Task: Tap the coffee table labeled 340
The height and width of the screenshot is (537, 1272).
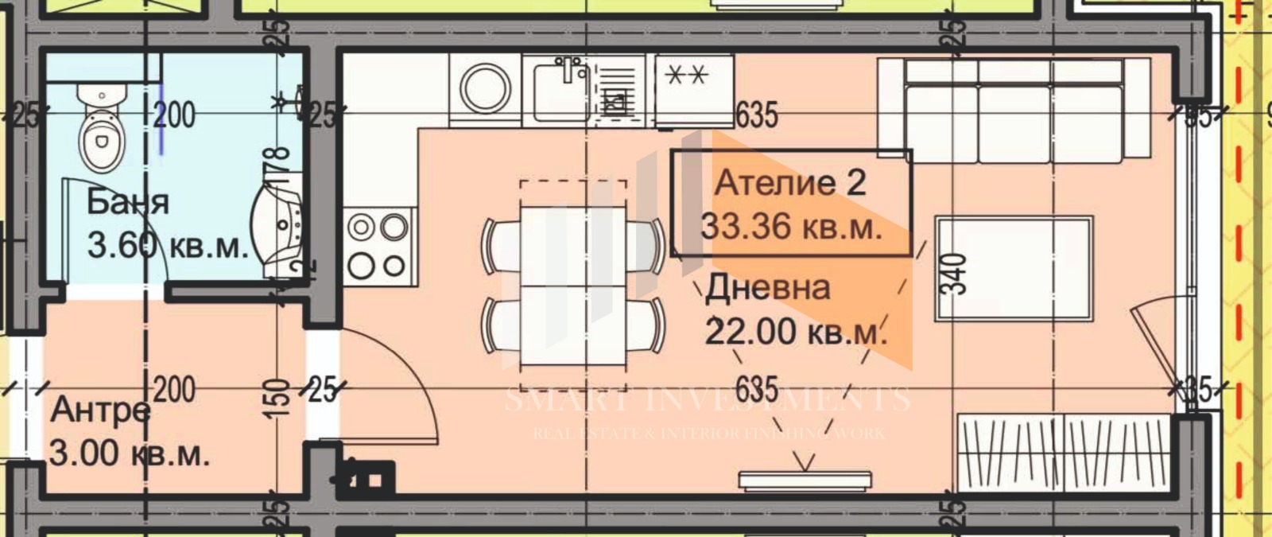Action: click(x=1014, y=269)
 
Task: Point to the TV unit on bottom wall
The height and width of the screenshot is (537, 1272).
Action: click(x=805, y=480)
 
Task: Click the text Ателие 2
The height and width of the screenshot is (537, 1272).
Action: click(x=789, y=183)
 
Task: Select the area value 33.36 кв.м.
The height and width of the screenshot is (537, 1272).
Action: click(x=791, y=227)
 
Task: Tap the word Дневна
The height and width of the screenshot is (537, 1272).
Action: click(x=767, y=287)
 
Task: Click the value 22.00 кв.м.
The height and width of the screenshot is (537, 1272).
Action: click(x=795, y=330)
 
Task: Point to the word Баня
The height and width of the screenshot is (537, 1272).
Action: click(x=127, y=202)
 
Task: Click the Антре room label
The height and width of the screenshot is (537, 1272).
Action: click(x=100, y=411)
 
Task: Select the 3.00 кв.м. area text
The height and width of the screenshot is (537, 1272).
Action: click(x=130, y=454)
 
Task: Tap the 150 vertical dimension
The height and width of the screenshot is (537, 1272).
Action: click(x=276, y=398)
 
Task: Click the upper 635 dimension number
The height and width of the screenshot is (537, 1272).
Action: click(x=756, y=115)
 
